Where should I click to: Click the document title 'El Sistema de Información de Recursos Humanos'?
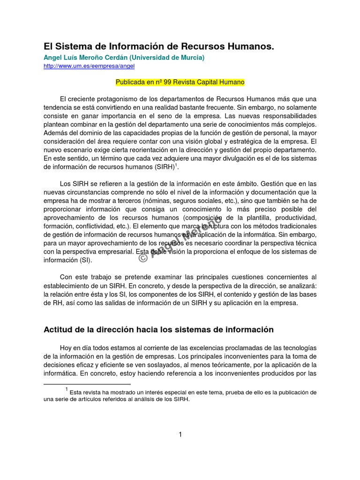click(x=158, y=47)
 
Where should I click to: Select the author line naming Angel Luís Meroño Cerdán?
click(x=124, y=58)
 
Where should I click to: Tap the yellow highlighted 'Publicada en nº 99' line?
click(x=180, y=82)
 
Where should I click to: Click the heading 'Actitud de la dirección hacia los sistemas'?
click(x=158, y=330)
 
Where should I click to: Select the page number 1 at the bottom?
click(x=180, y=435)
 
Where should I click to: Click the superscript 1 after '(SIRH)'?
click(x=176, y=165)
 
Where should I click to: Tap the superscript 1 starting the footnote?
click(x=67, y=389)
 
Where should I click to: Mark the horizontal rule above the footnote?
click(x=87, y=384)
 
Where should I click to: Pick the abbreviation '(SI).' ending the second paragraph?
click(x=85, y=260)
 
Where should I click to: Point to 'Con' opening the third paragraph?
click(x=66, y=277)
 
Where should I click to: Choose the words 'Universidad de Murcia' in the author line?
click(x=167, y=58)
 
